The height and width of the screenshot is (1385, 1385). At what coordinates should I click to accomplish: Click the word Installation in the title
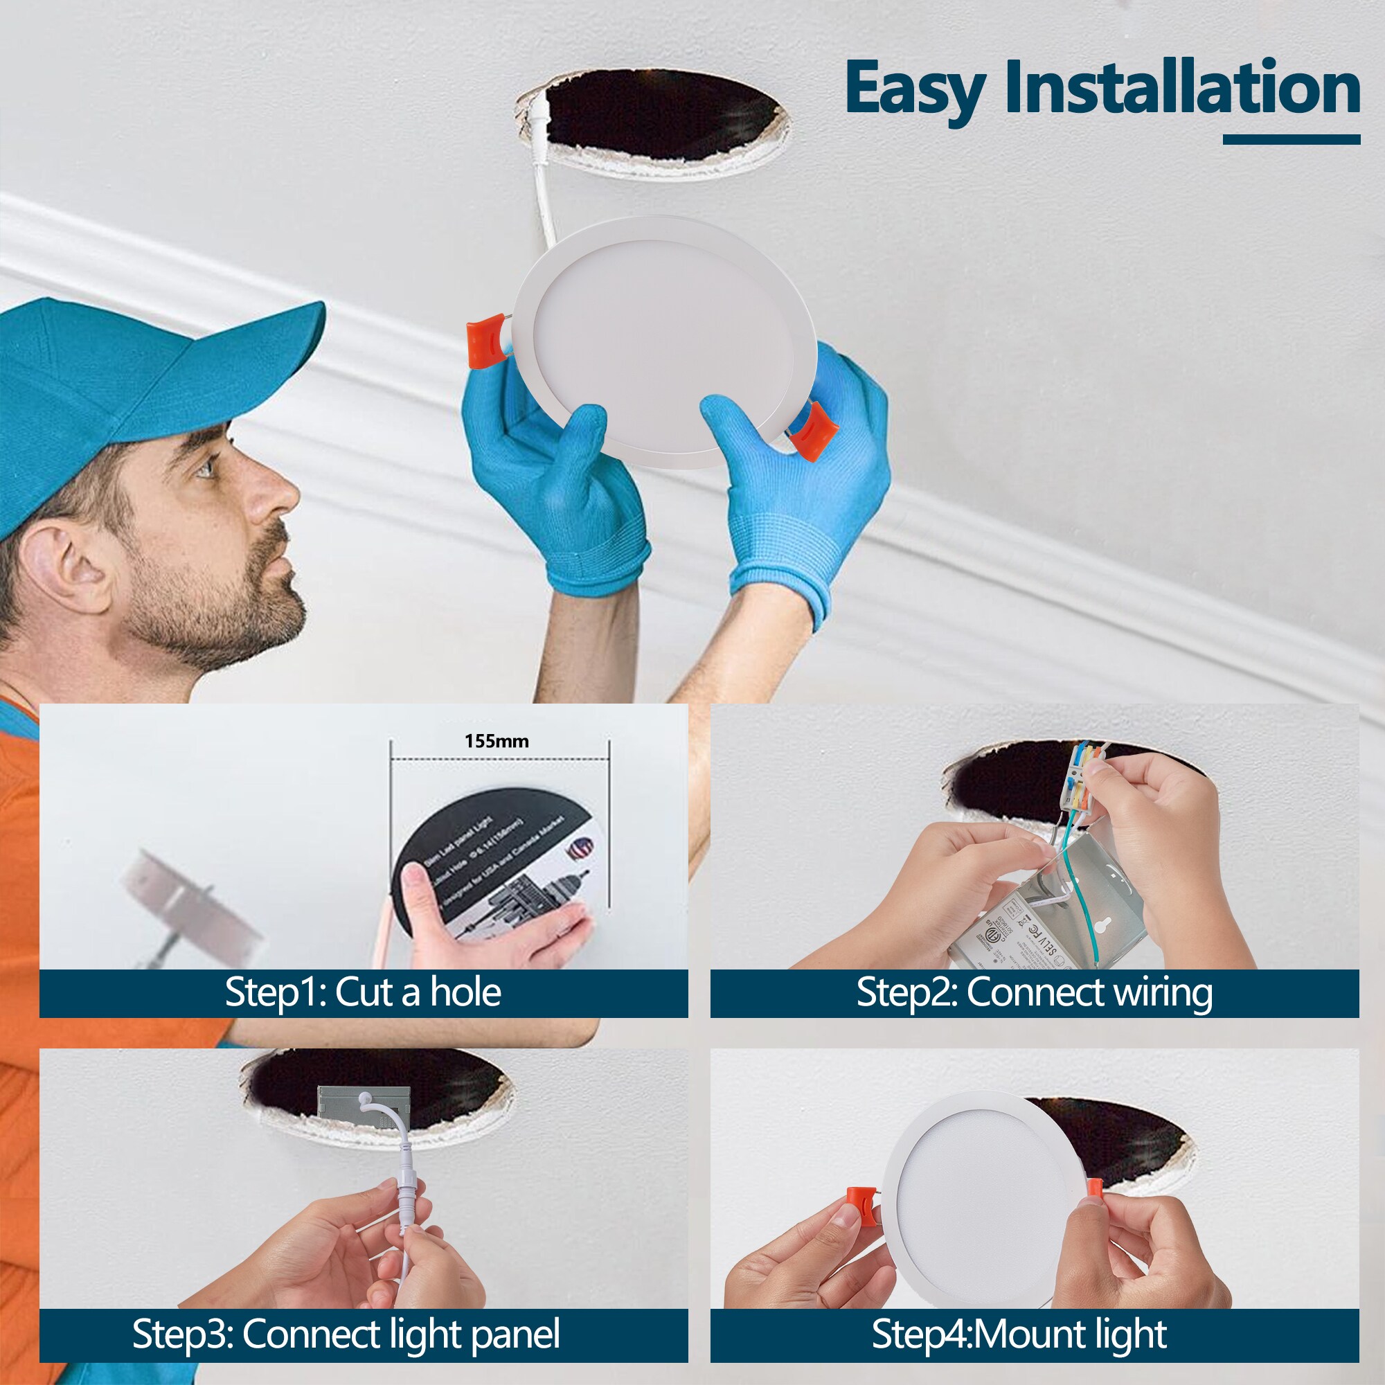click(1182, 87)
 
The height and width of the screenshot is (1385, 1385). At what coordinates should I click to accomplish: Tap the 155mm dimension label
click(496, 741)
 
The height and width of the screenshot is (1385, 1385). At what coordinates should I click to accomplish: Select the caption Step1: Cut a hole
click(363, 993)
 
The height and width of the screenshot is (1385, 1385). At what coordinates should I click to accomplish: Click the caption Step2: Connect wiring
click(1034, 993)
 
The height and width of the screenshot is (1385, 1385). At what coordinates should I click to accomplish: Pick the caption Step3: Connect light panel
click(346, 1334)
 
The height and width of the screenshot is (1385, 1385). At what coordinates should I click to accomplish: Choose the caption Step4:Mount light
click(1019, 1334)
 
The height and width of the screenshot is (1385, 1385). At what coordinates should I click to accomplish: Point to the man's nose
click(276, 494)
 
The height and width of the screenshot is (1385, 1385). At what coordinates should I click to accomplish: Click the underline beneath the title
click(1290, 139)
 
